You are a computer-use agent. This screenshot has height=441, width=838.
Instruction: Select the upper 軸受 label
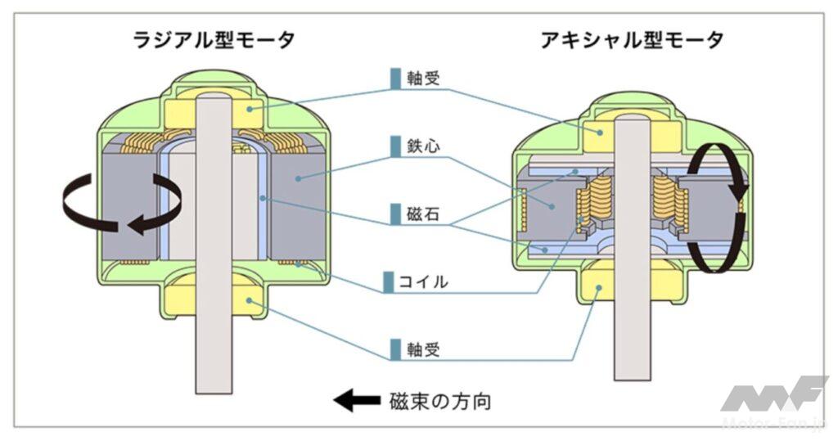424,78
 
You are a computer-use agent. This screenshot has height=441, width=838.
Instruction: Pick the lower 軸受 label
424,349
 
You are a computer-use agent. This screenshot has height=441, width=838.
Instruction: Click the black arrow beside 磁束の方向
354,402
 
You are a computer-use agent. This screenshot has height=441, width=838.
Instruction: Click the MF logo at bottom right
773,396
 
